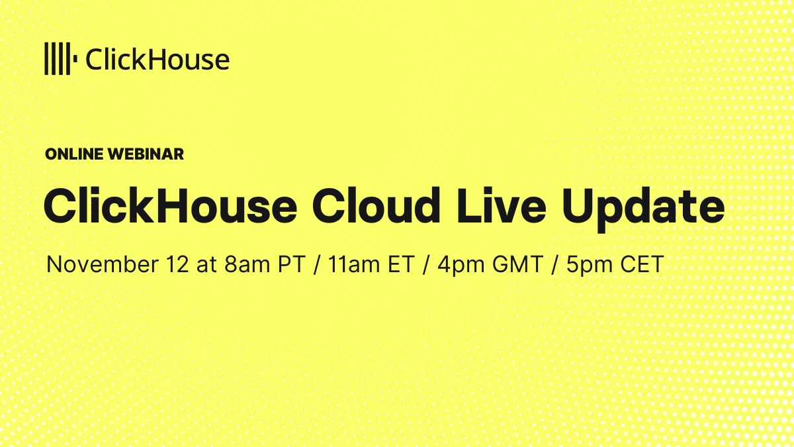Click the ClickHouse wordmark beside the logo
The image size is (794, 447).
157,60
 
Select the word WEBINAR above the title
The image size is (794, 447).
146,154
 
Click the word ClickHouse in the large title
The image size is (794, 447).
170,206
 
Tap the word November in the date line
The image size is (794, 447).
101,265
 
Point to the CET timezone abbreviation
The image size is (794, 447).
641,265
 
